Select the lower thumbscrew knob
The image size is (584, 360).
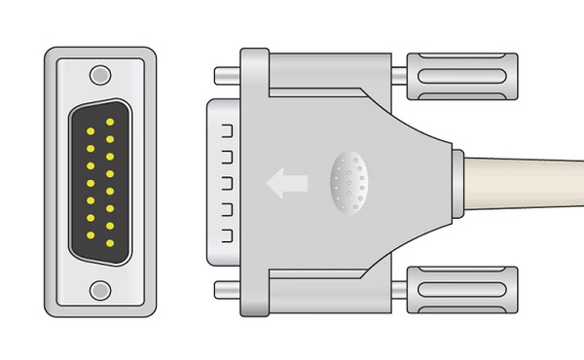[462, 289]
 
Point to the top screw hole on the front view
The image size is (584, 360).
[99, 74]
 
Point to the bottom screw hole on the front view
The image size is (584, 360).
[99, 289]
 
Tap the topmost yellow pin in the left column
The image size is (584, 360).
[89, 130]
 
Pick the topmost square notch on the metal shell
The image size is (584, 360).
[225, 129]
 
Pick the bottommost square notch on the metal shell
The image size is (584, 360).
[225, 234]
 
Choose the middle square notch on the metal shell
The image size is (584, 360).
[225, 182]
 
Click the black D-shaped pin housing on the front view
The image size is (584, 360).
[99, 182]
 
